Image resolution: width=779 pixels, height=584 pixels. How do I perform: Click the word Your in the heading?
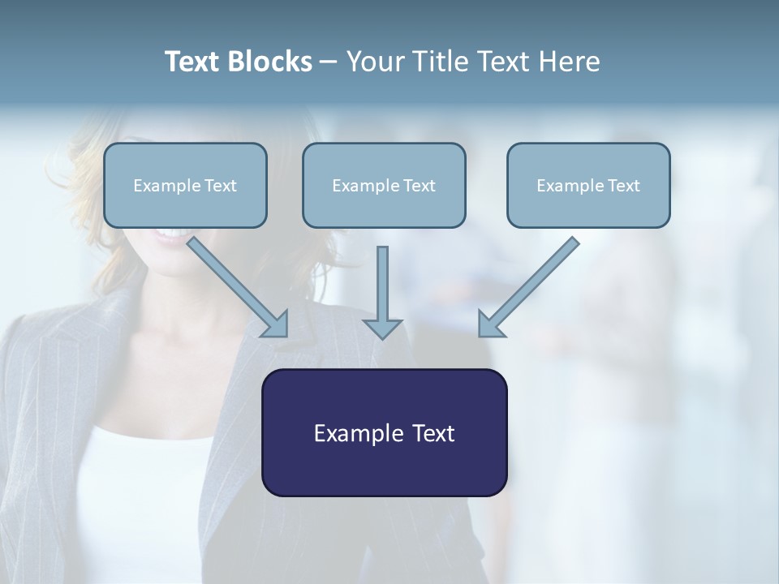coord(376,62)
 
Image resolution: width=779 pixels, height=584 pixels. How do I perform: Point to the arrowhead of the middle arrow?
coord(382,328)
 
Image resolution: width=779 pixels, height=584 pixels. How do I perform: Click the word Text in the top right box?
coord(623,186)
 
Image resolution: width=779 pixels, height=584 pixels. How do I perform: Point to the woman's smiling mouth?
coord(170,234)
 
